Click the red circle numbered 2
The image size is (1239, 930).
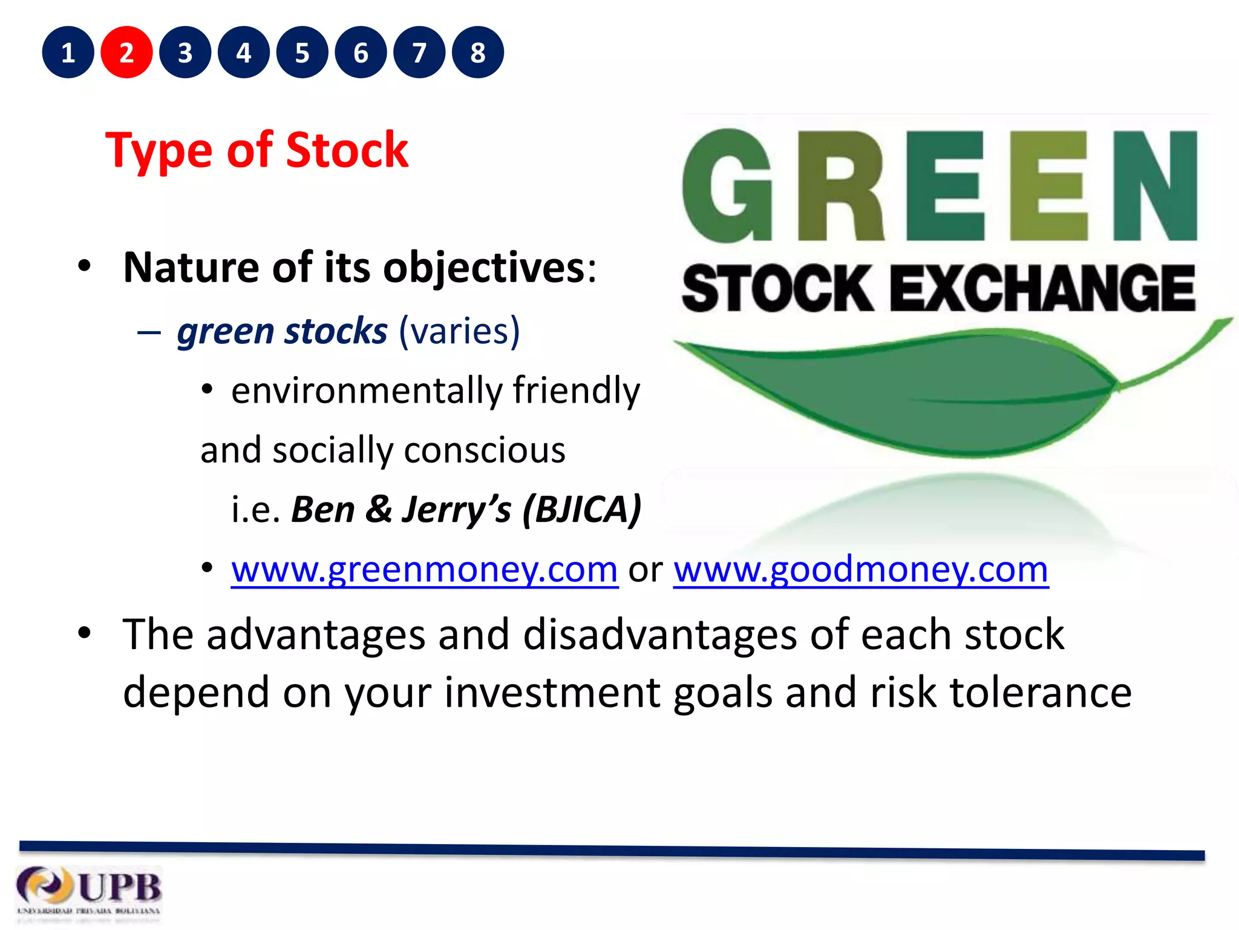[x=126, y=53]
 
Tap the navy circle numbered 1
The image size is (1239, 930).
[x=68, y=53]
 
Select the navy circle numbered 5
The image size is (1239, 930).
[x=302, y=53]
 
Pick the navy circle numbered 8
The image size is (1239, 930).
[x=478, y=53]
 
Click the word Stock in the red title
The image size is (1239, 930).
[x=347, y=150]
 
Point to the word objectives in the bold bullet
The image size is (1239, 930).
[x=484, y=268]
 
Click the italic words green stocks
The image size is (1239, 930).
[x=282, y=332]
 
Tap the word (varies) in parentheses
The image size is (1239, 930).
[x=459, y=332]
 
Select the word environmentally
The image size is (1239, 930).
[x=367, y=391]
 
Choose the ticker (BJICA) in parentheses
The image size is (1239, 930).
[x=581, y=510]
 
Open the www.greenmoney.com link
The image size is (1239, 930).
[x=424, y=570]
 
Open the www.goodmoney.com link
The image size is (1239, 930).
[x=860, y=570]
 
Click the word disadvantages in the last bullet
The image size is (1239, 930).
[x=660, y=635]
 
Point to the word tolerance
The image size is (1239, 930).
[x=1040, y=693]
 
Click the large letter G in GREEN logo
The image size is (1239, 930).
[x=728, y=186]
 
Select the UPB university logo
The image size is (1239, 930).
[x=89, y=891]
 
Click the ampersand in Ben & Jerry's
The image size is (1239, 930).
[x=379, y=510]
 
